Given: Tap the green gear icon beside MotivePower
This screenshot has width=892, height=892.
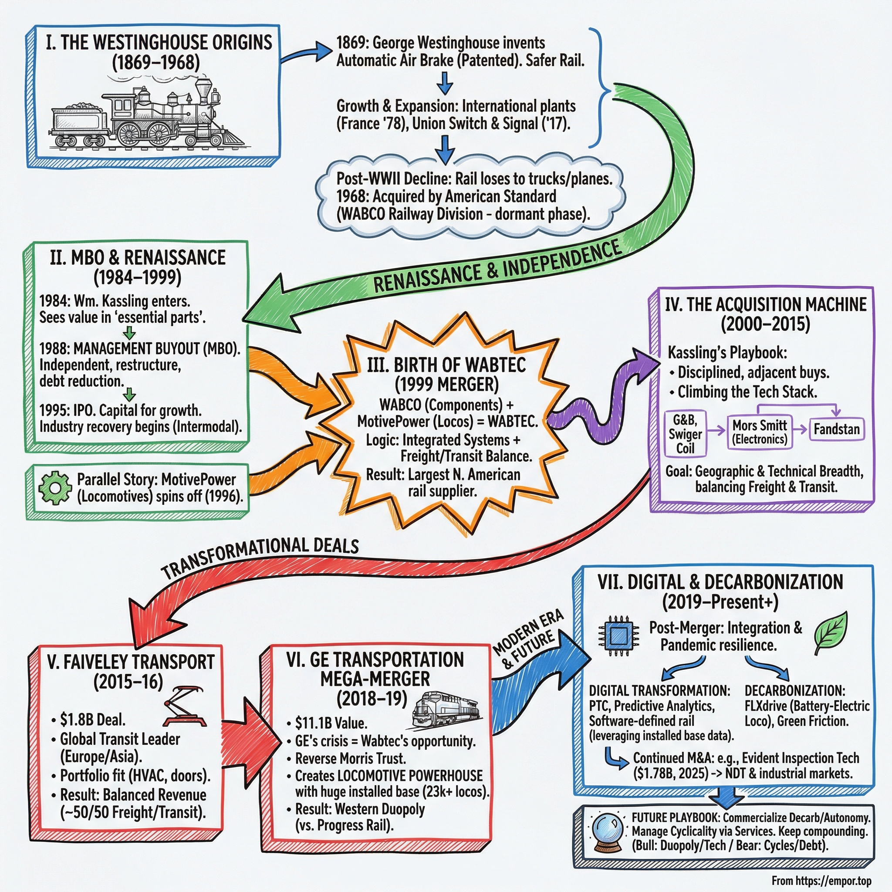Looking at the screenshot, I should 54,487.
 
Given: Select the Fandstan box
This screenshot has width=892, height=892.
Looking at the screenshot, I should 836,429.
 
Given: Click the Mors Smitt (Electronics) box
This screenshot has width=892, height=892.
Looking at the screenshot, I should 760,432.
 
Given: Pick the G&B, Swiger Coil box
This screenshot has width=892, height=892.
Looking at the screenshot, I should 685,433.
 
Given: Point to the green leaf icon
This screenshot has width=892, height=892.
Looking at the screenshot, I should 831,633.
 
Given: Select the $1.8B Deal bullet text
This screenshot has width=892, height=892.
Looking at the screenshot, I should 92,720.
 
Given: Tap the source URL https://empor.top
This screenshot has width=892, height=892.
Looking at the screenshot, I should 831,881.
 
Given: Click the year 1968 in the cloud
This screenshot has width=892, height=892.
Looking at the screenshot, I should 353,196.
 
